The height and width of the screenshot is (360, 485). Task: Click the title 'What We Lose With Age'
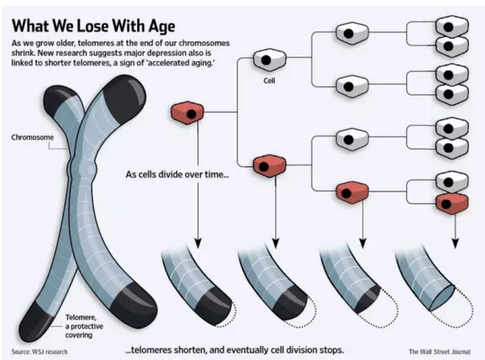click(93, 25)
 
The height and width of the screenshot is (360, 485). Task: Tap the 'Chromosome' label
click(33, 137)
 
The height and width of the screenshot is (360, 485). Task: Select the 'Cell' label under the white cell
click(269, 80)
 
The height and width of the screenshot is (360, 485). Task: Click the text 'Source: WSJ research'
click(39, 352)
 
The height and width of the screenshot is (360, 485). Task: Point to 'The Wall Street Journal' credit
click(440, 352)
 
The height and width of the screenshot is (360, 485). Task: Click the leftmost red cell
click(187, 113)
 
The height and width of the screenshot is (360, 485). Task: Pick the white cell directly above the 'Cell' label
click(269, 60)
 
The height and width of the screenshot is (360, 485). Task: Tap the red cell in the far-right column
click(452, 203)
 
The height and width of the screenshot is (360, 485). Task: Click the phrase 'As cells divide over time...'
click(177, 175)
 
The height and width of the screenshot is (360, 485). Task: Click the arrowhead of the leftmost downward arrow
click(198, 243)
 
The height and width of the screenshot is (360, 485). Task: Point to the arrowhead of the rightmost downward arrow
click(455, 243)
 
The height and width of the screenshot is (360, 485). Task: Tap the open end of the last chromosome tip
click(442, 298)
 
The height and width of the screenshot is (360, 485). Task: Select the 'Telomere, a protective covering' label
click(84, 326)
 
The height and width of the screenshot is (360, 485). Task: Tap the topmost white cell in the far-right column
click(452, 26)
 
